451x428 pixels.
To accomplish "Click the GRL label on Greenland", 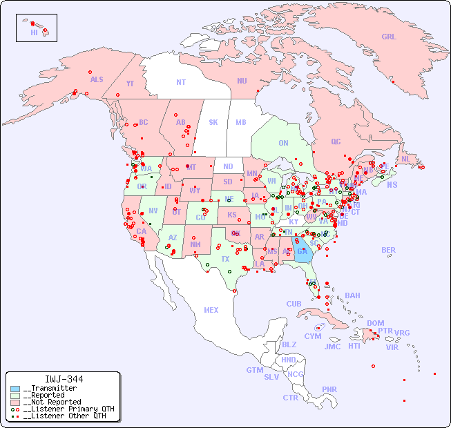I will [x=389, y=37].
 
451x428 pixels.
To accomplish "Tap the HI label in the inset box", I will [x=34, y=32].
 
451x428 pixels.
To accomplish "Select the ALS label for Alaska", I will [x=97, y=79].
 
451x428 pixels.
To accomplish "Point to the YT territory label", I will [x=130, y=84].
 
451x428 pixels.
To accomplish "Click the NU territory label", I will [x=242, y=81].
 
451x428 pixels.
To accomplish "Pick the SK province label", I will [x=213, y=122].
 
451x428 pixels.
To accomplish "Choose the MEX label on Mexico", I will [x=211, y=310].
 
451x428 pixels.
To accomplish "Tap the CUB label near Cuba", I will [x=294, y=304].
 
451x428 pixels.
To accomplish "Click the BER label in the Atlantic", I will [x=389, y=250].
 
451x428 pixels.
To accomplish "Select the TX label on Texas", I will [x=225, y=259].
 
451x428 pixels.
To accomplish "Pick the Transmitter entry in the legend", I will [x=50, y=389].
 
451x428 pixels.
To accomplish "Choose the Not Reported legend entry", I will [x=52, y=402].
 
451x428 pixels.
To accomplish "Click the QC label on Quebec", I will [x=336, y=142].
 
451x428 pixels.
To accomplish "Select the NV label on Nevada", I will [x=153, y=211].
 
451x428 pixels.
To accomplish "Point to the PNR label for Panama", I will [x=329, y=389].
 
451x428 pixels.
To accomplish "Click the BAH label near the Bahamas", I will [x=352, y=295].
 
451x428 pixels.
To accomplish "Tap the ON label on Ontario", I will [x=283, y=143].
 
